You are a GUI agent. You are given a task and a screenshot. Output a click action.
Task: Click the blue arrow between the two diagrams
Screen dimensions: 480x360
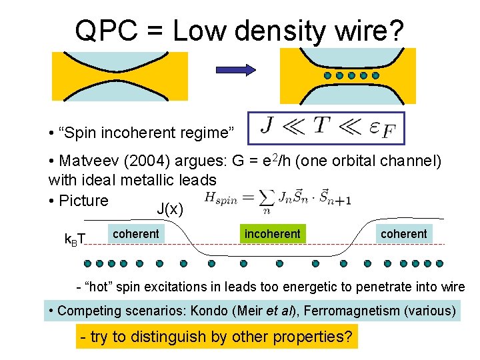click(x=237, y=69)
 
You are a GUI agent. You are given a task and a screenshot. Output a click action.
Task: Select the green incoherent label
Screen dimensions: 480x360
click(x=273, y=233)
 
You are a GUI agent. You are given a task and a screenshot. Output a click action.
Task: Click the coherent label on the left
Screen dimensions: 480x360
click(x=135, y=233)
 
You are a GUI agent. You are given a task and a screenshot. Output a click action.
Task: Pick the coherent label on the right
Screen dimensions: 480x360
click(x=403, y=233)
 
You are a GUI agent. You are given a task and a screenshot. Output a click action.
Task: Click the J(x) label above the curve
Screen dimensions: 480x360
click(x=169, y=209)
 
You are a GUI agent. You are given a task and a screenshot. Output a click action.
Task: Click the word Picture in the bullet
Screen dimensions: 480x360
click(x=83, y=200)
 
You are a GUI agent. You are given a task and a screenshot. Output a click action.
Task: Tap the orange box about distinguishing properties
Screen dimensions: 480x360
click(x=216, y=337)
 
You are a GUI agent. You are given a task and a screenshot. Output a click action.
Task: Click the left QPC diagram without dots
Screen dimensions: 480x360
click(x=120, y=75)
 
